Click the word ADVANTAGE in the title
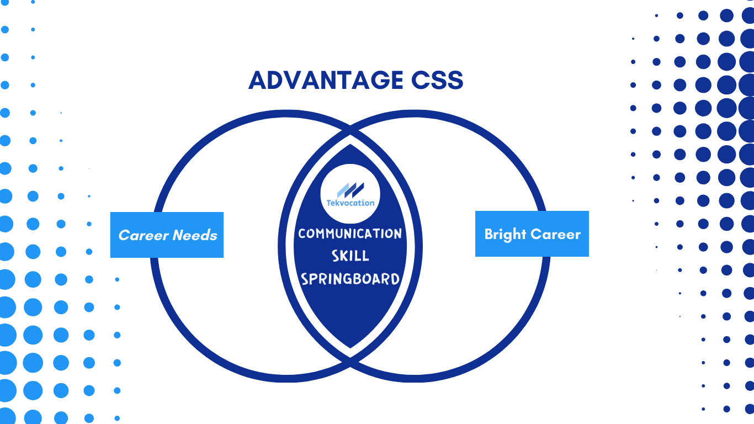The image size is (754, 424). coord(326,80)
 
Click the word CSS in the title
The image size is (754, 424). coord(437,80)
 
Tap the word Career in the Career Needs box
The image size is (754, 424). coord(144,235)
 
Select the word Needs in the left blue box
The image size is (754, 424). coord(195,235)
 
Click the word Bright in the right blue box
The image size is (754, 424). coord(505,235)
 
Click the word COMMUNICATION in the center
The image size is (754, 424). coord(350,234)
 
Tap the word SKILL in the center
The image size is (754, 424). coord(351,256)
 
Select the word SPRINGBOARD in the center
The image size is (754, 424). coord(350,279)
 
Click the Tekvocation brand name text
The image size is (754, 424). coord(351,203)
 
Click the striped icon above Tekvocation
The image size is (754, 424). coord(351,190)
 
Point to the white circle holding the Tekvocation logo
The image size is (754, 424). coord(350,194)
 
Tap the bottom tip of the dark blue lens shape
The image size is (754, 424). coord(350,348)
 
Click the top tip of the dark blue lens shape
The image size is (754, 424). coord(350,145)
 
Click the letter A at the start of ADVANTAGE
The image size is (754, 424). coord(258,80)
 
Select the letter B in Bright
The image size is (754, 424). coord(488,234)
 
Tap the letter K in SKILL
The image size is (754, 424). coord(346,256)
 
